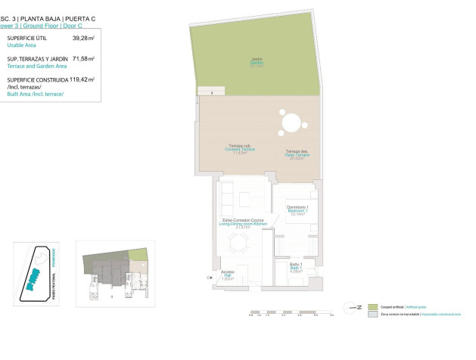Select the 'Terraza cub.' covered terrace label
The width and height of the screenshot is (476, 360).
(241, 148)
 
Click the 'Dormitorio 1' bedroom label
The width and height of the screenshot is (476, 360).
(300, 209)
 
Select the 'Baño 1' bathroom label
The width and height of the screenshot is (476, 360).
(295, 266)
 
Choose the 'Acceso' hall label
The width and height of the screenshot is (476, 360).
(228, 275)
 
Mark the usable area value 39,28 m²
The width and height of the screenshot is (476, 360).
(83, 37)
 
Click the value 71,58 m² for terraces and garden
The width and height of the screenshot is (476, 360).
(83, 58)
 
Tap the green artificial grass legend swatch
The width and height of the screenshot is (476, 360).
(372, 306)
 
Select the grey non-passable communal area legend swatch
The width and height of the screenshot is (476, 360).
(372, 315)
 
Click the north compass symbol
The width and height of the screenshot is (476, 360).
(351, 306)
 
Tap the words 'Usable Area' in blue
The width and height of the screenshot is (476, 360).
(22, 45)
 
